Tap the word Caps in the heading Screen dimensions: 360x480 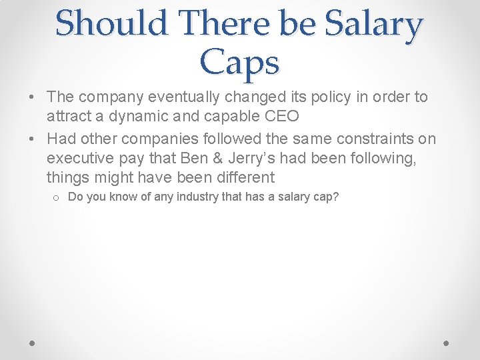coord(239,63)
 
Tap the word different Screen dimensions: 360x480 coord(242,178)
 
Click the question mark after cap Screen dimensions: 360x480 coord(336,197)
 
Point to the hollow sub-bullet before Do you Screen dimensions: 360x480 coord(57,198)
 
